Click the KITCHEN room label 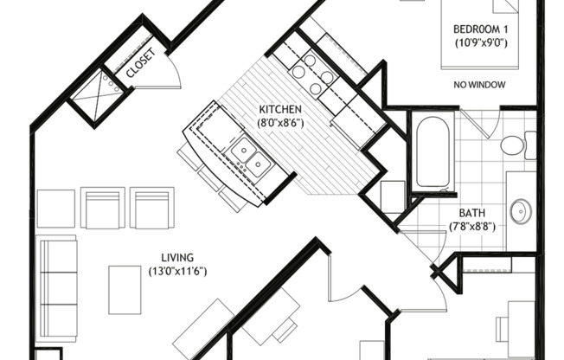pos(280,109)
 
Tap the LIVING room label pos(177,257)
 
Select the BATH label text pos(472,213)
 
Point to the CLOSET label pos(141,62)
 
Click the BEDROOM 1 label pos(481,29)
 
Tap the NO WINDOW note pos(479,85)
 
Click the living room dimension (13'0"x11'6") pos(177,271)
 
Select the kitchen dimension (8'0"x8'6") pos(280,123)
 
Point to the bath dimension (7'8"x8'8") pos(472,227)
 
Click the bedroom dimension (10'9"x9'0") pos(481,43)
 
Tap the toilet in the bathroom pos(518,145)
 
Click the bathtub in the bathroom pos(433,151)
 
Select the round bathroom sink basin pos(522,211)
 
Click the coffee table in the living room pos(125,290)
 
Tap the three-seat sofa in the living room pos(57,288)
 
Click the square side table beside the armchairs pos(55,209)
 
